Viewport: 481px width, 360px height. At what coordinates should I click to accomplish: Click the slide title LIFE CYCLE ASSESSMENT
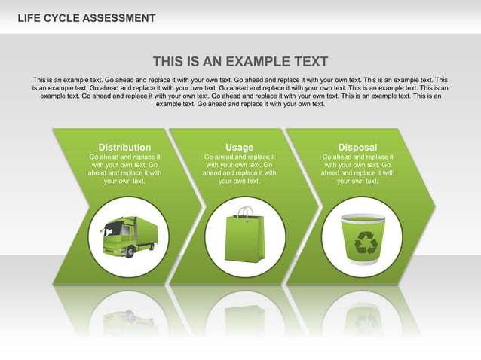click(x=87, y=18)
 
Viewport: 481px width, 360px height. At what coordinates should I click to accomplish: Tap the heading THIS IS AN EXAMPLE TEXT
click(x=240, y=62)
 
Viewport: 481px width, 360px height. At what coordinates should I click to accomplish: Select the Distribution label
click(x=124, y=147)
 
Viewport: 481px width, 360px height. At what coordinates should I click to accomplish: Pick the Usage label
click(x=239, y=147)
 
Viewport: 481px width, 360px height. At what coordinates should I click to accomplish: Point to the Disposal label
click(x=357, y=147)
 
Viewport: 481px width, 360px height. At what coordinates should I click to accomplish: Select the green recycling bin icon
click(x=363, y=238)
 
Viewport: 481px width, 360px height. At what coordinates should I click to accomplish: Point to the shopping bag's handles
click(x=244, y=212)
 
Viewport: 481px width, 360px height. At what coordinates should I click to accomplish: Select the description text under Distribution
click(x=124, y=169)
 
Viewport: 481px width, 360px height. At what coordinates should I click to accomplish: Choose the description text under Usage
click(x=239, y=169)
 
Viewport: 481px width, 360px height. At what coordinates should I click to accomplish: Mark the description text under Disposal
click(x=357, y=169)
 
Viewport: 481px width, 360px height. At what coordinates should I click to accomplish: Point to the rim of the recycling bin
click(x=363, y=218)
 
